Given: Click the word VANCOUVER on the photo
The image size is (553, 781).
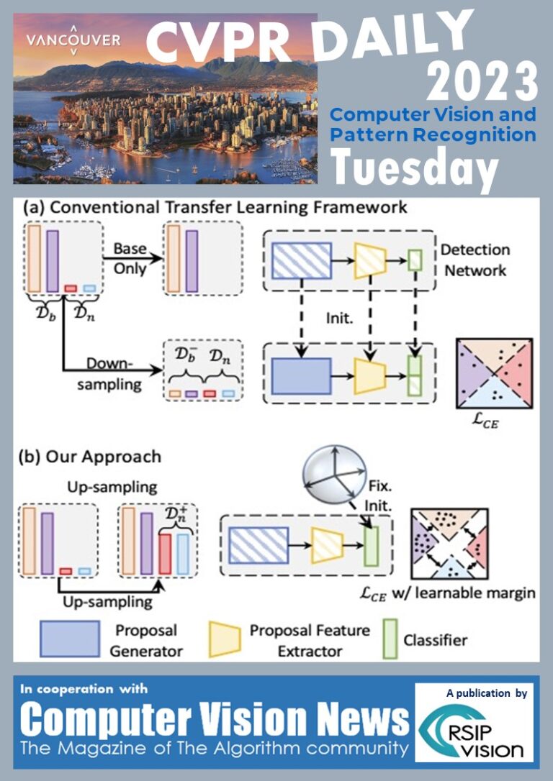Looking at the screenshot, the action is coord(73,40).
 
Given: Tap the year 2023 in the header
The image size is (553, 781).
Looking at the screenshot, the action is coord(482,82).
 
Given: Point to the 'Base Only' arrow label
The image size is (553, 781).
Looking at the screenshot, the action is coord(130,258).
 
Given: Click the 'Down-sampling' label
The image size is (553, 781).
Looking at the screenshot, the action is coord(109,374).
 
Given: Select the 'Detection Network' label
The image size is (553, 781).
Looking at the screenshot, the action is coord(475,260).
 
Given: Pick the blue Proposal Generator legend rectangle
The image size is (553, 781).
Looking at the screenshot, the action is coord(70,639).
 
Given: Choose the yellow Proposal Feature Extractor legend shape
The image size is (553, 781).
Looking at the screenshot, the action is coord(225,639).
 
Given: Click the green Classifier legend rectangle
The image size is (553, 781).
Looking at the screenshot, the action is coord(390,639).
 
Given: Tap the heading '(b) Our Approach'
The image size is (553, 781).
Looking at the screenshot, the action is coord(90,457).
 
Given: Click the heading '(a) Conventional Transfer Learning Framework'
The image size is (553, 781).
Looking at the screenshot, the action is coord(215,206).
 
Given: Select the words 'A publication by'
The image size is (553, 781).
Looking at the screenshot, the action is coord(487,693).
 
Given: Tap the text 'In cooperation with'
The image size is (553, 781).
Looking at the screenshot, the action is coord(84,689).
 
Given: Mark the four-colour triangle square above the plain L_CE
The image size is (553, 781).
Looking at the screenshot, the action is coord(495,373).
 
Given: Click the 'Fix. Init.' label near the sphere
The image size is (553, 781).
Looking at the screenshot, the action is coord(379,495).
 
